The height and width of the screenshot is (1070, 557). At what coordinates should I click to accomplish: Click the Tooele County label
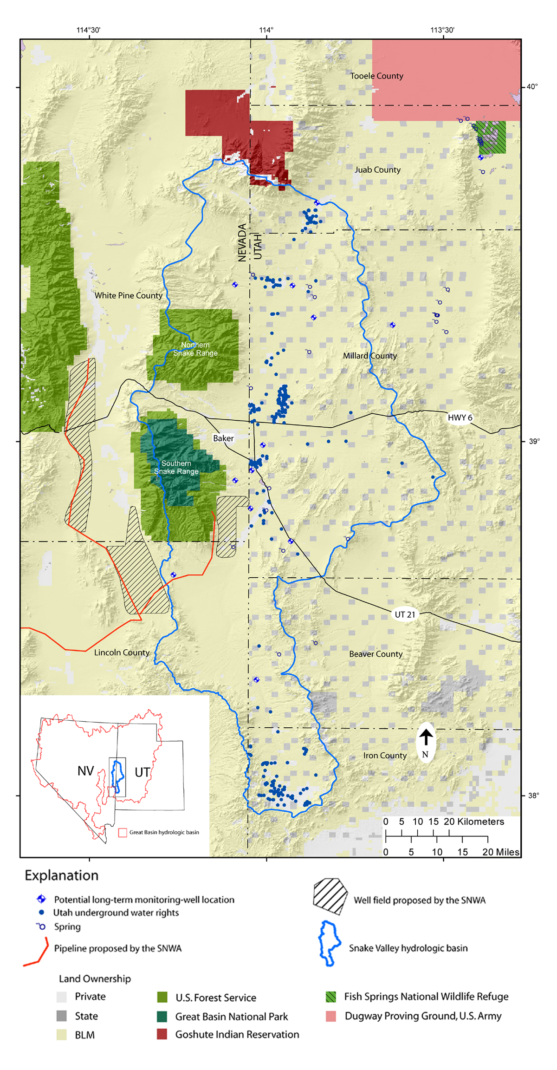click(x=376, y=76)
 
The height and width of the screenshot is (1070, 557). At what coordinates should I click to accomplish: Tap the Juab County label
click(x=377, y=170)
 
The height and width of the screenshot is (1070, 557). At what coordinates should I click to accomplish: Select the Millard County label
click(x=369, y=356)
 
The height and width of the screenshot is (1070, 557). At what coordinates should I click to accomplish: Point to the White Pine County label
click(x=129, y=295)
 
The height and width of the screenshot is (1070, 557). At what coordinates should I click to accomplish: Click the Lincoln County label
click(x=122, y=652)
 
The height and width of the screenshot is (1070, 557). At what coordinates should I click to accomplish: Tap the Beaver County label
click(x=376, y=654)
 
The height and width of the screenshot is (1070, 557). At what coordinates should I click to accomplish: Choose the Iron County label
click(x=385, y=756)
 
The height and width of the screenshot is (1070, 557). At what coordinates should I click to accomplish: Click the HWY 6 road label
click(x=460, y=418)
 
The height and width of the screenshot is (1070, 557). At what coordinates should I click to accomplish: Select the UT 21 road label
click(x=405, y=614)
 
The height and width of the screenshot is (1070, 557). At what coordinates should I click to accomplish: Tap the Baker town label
click(x=223, y=438)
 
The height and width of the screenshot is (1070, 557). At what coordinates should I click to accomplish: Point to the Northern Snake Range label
click(x=195, y=349)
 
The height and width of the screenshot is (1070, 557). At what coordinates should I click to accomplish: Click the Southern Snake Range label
click(x=176, y=467)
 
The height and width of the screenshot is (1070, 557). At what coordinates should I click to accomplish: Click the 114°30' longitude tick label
click(x=88, y=30)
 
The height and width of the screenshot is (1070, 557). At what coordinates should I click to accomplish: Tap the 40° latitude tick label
click(x=532, y=87)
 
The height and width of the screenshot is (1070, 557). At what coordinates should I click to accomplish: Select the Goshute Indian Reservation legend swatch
click(x=162, y=1034)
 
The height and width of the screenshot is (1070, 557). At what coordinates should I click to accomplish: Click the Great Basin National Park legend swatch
click(x=162, y=1016)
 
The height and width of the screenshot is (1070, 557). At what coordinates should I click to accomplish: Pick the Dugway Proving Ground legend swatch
click(x=330, y=1016)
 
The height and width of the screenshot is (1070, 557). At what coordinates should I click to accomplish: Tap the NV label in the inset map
click(x=85, y=771)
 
